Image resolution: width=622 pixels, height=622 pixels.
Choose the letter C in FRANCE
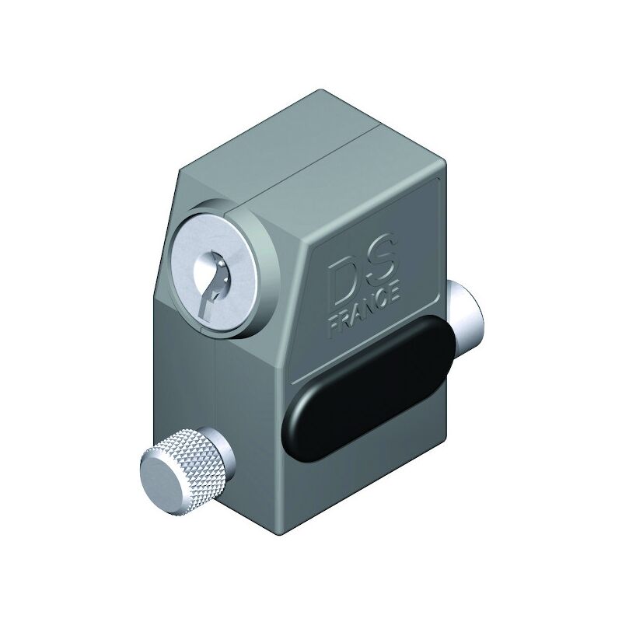coord(382,301)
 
